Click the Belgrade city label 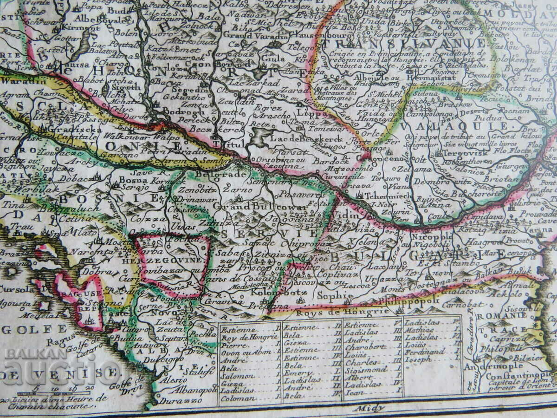pos(217,175)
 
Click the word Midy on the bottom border pos(363,408)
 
